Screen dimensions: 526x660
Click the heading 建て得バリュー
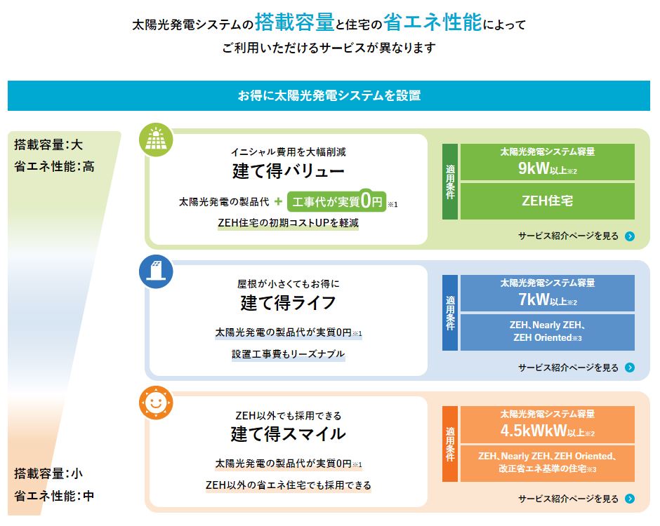click(288, 171)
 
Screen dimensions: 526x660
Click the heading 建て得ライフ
click(288, 303)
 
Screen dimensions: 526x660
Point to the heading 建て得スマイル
click(288, 434)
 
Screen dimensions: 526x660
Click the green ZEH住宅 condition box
click(547, 201)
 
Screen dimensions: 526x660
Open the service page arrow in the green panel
click(630, 236)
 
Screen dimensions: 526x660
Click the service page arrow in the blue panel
click(630, 367)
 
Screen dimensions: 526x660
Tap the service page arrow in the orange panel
click(630, 499)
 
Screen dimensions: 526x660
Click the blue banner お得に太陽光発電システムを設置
click(329, 95)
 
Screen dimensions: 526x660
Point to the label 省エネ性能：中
click(53, 496)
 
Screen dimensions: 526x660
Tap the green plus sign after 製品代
click(278, 201)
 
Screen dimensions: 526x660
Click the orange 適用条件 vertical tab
click(450, 443)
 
